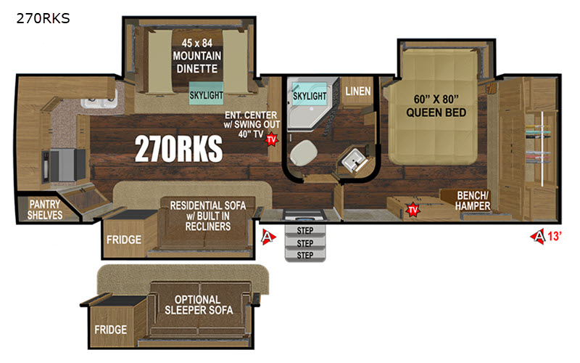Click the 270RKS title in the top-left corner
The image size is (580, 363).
click(43, 18)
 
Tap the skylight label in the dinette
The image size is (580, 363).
click(206, 95)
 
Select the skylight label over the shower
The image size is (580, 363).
click(310, 96)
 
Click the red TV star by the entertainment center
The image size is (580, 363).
click(271, 139)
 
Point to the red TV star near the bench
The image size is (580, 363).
click(413, 210)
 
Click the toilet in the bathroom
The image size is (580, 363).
click(304, 152)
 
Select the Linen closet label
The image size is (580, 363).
click(357, 91)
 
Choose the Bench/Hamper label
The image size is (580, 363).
click(473, 200)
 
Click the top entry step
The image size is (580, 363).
click(305, 230)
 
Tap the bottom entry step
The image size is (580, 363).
click(305, 256)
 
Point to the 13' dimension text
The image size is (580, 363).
click(555, 236)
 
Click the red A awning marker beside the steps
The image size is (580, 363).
click(268, 237)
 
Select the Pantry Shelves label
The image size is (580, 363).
click(45, 209)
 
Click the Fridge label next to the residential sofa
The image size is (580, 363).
click(124, 240)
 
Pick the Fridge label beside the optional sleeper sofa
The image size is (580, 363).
click(111, 330)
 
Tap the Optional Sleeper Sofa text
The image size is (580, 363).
click(199, 305)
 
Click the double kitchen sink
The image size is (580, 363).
click(99, 99)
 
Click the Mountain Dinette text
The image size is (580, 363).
click(196, 56)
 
